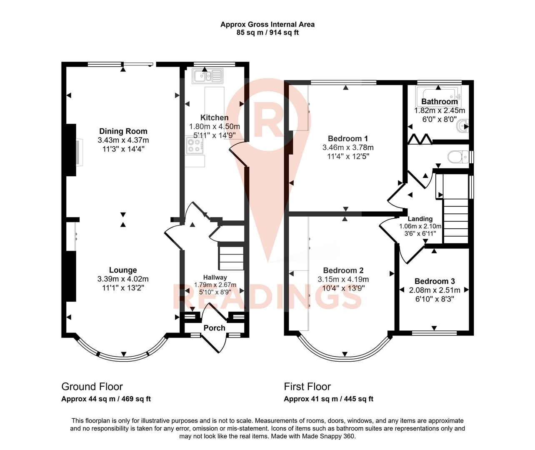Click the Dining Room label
point(123,131)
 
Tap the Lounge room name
point(123,270)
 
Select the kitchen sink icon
point(207,76)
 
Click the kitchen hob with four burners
point(195,145)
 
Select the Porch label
point(214,328)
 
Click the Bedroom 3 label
point(435,281)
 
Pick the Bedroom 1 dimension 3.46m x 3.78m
point(348,147)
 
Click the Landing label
point(420,219)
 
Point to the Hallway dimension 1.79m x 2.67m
point(215,285)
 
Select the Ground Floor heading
point(92,387)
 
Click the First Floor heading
point(307,387)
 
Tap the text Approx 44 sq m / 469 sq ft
point(106,399)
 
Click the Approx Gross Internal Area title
point(267,24)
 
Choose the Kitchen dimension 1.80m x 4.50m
point(214,127)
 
